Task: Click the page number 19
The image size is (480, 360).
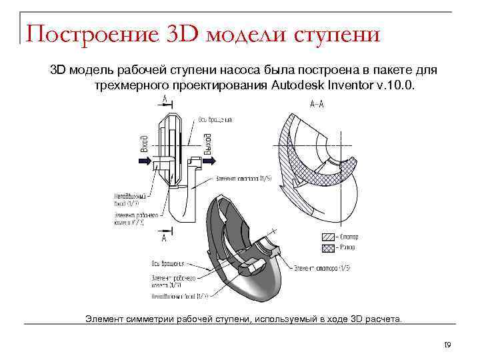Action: coord(447,345)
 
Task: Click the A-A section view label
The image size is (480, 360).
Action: coord(319,103)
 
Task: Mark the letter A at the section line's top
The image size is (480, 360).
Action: coord(164,98)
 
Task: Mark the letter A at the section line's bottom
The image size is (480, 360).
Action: coord(164,237)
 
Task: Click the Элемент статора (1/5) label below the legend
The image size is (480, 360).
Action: coord(323,267)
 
